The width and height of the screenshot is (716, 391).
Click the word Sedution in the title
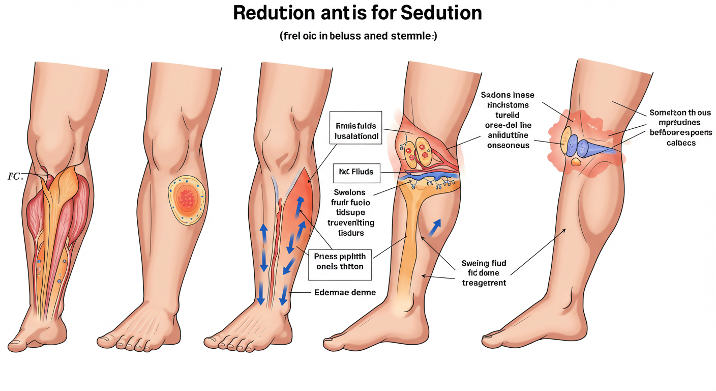[x=441, y=13]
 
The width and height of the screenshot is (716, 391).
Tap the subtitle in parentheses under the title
[x=357, y=37]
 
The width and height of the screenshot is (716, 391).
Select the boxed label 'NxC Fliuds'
[x=356, y=172]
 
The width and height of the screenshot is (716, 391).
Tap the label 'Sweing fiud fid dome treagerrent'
[x=484, y=273]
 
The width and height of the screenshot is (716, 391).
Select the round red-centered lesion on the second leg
[x=187, y=200]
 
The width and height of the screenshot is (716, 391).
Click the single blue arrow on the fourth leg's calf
[x=435, y=229]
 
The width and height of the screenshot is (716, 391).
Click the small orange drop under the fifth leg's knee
[x=576, y=162]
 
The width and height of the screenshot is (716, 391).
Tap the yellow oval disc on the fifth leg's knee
[x=565, y=139]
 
